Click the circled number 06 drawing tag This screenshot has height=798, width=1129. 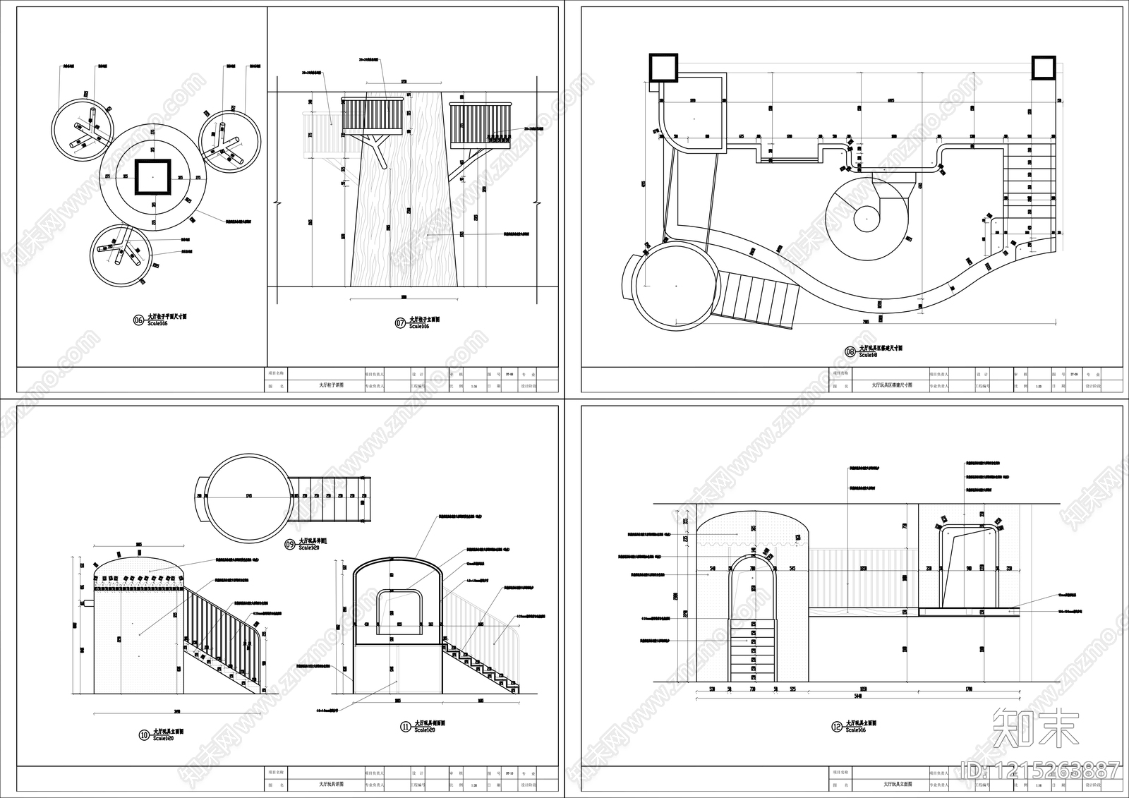138,320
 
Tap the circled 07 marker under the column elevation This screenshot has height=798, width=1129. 400,323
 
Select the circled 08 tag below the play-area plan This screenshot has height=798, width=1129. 850,351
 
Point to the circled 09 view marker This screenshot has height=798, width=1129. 289,544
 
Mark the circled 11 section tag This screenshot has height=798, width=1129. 405,726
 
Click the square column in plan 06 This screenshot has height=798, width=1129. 152,176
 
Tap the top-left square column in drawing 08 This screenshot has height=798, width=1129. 663,68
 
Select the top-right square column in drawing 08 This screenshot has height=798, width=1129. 1044,68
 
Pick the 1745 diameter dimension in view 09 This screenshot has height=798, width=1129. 248,497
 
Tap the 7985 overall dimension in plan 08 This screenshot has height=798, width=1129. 866,321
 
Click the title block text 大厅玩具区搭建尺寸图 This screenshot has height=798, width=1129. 891,386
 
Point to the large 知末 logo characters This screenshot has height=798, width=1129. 1035,728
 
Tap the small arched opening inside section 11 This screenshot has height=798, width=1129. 399,610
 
